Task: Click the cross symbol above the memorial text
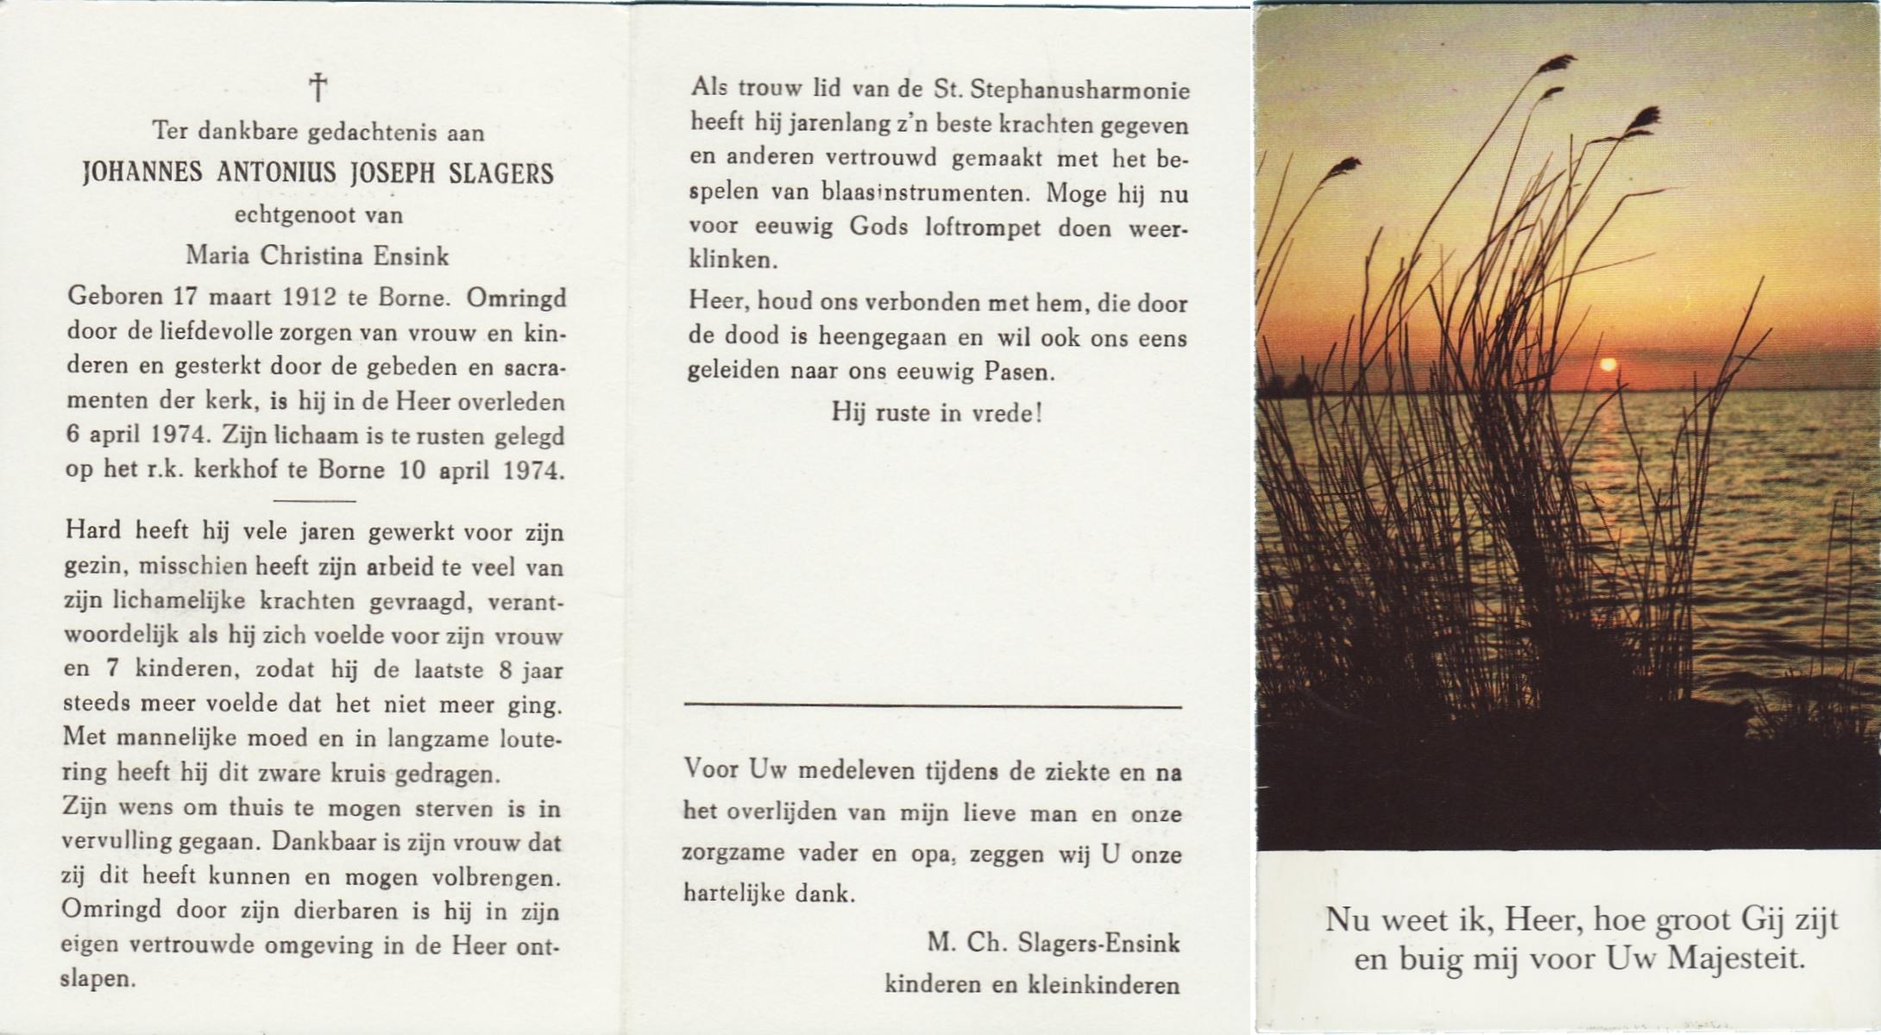pyautogui.click(x=318, y=87)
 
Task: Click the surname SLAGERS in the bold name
pyautogui.click(x=500, y=173)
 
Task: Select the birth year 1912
pyautogui.click(x=309, y=298)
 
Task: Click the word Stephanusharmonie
pyautogui.click(x=1079, y=91)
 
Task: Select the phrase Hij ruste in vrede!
pyautogui.click(x=937, y=413)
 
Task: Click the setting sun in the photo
pyautogui.click(x=1607, y=365)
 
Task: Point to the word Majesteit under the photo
pyautogui.click(x=1735, y=958)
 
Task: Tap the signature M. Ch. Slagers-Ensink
pyautogui.click(x=1054, y=944)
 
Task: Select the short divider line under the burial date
pyautogui.click(x=314, y=500)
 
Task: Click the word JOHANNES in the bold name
pyautogui.click(x=142, y=173)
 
